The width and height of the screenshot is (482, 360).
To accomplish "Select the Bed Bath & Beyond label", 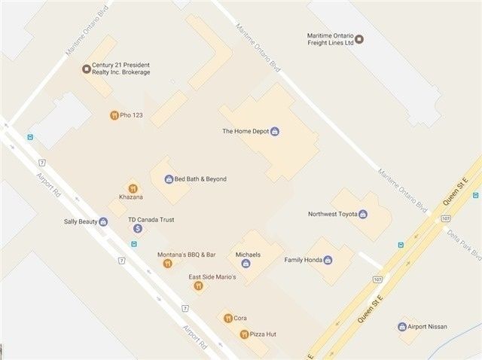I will [x=200, y=179].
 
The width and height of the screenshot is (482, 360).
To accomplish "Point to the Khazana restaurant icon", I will [x=132, y=188].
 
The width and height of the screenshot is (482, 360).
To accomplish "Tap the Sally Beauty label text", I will [x=81, y=222].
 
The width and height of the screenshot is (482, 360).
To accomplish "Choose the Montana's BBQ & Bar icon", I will [x=167, y=264].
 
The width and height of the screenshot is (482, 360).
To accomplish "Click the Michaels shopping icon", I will [x=246, y=264].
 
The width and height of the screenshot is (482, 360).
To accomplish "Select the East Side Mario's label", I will [x=212, y=277].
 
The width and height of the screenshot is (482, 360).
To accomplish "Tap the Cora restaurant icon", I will [x=227, y=319].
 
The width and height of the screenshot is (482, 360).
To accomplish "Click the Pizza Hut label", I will [x=264, y=334].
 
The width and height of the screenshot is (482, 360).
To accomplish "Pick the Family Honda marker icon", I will [x=328, y=260].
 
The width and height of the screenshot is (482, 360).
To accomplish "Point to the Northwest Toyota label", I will [x=332, y=214].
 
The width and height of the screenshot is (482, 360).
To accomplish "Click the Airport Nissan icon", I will [x=402, y=327].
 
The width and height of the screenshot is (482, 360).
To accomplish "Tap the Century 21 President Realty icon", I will [x=85, y=69].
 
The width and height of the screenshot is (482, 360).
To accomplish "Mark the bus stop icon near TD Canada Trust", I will [x=134, y=244].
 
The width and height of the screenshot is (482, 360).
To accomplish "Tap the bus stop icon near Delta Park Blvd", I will [x=401, y=244].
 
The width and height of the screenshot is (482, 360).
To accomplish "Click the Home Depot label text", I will [x=245, y=132].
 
